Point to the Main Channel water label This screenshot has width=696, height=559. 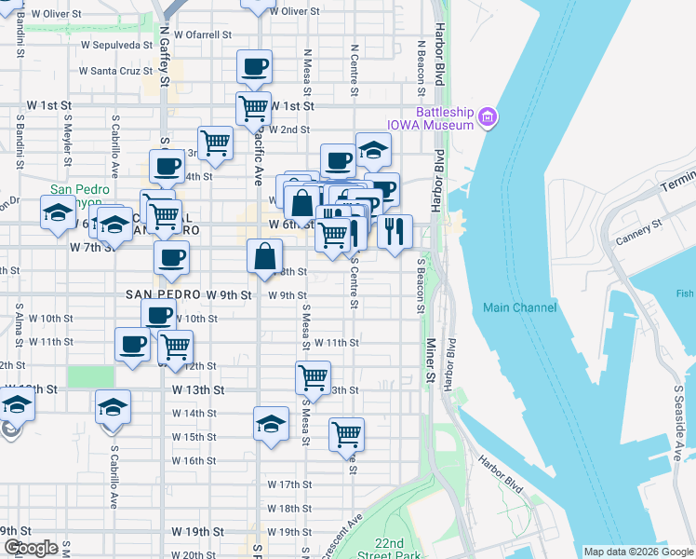[x=519, y=307]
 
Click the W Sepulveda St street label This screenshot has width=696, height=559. [x=116, y=44]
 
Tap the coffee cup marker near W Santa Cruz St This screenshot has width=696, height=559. [x=254, y=67]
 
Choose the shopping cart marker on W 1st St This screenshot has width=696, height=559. [x=253, y=108]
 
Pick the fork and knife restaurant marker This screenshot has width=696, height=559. [x=395, y=233]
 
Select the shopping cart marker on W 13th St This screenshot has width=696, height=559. [x=313, y=378]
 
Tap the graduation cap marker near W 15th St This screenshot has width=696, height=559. [x=271, y=424]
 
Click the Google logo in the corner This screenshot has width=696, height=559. [x=30, y=548]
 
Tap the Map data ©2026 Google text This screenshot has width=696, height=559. [x=638, y=552]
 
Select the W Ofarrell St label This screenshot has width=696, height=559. [x=201, y=34]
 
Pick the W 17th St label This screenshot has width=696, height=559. [x=288, y=484]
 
